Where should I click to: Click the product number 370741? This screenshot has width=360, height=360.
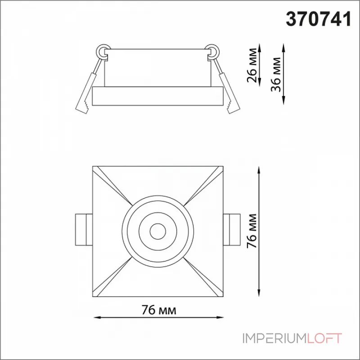[x=319, y=19]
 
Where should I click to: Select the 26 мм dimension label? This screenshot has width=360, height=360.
[x=252, y=65]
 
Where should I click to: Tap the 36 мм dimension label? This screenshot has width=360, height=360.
[x=275, y=74]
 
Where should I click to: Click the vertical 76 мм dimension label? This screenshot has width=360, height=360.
[x=252, y=231]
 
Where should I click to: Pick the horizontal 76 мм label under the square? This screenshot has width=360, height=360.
[x=159, y=310]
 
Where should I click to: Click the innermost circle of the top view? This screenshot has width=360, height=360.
[x=158, y=231]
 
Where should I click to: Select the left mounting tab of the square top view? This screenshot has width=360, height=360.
[x=84, y=229]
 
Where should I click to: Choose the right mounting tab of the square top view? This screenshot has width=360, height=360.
[x=232, y=229]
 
